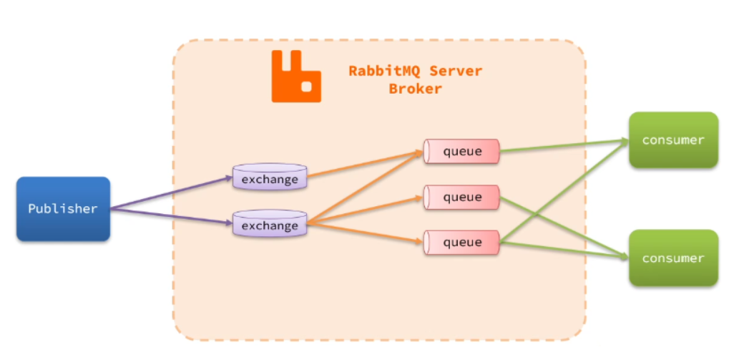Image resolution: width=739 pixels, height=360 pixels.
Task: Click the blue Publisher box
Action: click(x=63, y=208)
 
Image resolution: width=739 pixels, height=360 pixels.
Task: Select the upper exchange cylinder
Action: click(x=270, y=178)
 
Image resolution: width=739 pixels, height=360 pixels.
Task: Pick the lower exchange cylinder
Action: click(x=270, y=225)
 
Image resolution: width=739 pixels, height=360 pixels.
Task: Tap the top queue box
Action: click(x=461, y=151)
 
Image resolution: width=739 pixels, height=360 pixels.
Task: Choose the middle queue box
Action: click(x=461, y=197)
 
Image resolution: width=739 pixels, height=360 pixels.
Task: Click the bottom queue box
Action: click(x=461, y=242)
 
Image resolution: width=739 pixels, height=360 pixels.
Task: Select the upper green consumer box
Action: click(x=672, y=140)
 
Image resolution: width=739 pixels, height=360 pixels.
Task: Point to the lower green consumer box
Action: click(x=672, y=258)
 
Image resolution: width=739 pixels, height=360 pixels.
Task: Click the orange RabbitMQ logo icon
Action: click(x=295, y=77)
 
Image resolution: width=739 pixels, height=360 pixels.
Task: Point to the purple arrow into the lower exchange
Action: click(x=172, y=217)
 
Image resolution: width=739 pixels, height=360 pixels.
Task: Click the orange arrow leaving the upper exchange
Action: click(x=365, y=163)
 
